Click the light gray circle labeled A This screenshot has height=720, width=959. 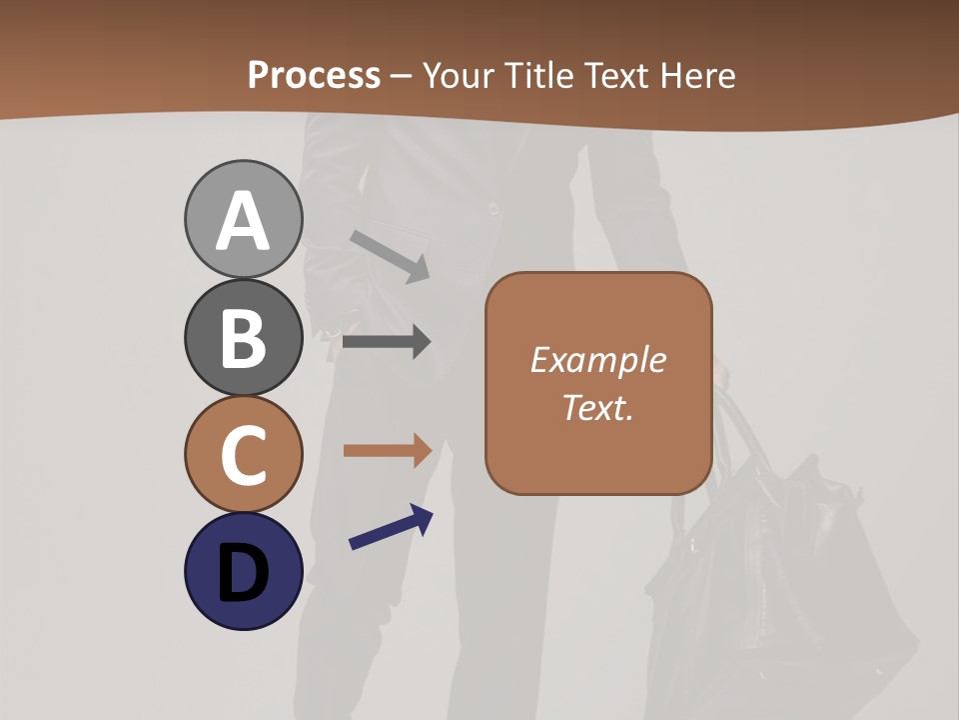(243, 219)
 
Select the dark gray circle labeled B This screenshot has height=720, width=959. (243, 337)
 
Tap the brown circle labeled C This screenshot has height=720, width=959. (243, 454)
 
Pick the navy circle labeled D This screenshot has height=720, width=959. (243, 571)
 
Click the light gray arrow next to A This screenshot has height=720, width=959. (391, 256)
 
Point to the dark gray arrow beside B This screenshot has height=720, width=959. (387, 342)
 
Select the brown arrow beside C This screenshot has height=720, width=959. (387, 450)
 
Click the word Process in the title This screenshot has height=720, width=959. (314, 76)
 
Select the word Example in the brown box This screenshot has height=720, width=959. (597, 360)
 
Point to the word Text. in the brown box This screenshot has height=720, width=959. (597, 407)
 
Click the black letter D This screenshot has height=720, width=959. (243, 573)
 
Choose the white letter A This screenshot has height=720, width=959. (243, 221)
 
